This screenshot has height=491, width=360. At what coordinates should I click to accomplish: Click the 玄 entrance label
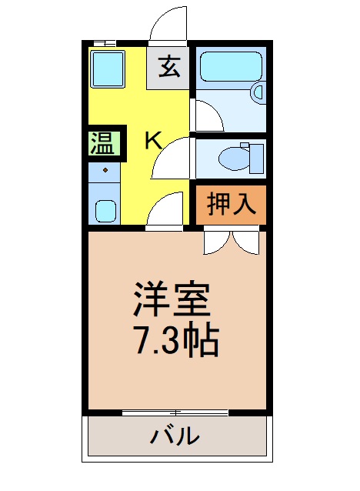(x=169, y=68)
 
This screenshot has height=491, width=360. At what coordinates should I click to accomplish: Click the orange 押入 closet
(x=230, y=204)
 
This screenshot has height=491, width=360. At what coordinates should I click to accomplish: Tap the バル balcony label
(x=175, y=437)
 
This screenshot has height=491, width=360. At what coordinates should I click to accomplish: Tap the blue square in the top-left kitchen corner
(x=108, y=68)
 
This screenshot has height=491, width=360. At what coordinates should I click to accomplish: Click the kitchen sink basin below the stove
(x=105, y=210)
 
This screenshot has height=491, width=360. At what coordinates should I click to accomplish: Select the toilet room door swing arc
(x=172, y=159)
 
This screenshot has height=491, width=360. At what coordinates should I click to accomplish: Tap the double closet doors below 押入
(x=232, y=242)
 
